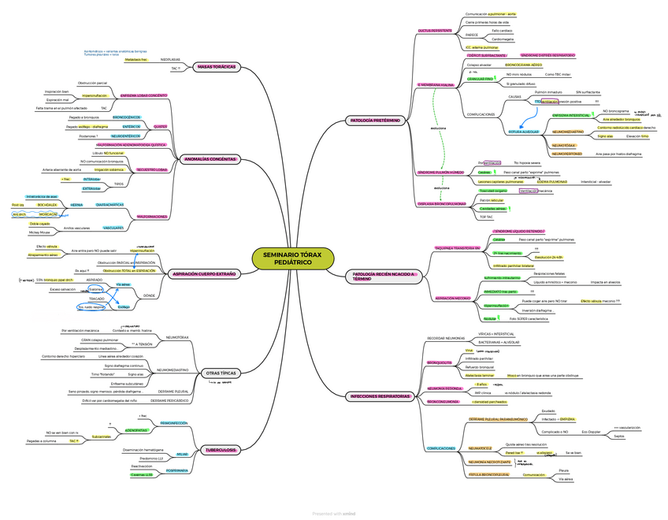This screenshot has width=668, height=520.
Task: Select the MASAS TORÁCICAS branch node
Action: [216, 67]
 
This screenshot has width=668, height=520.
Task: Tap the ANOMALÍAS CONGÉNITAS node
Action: [210, 159]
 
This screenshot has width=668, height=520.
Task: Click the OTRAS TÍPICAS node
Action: [221, 373]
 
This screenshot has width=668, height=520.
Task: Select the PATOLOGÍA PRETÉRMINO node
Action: [374, 121]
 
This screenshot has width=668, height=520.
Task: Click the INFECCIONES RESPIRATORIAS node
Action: [380, 396]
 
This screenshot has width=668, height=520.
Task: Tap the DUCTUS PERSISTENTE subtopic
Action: [435, 30]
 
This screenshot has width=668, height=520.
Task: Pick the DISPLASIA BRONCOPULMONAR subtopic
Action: [438, 203]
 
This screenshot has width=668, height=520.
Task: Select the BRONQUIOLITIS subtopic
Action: [439, 363]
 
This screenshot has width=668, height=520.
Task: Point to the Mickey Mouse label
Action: [39, 233]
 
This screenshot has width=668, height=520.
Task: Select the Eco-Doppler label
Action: [591, 432]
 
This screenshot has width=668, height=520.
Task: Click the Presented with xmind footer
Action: [334, 514]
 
